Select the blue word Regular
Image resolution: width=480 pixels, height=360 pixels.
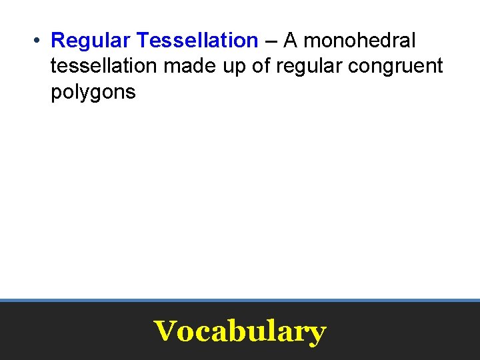(91, 41)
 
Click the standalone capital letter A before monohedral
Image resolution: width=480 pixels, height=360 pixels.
(291, 41)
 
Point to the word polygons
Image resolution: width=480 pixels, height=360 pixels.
(93, 93)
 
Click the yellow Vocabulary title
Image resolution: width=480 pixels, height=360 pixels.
(240, 331)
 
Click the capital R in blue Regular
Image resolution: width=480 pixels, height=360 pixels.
(58, 41)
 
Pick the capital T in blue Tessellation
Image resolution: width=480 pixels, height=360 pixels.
(142, 41)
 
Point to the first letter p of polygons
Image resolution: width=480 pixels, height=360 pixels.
(56, 93)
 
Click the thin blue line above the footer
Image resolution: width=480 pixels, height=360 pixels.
(240, 301)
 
